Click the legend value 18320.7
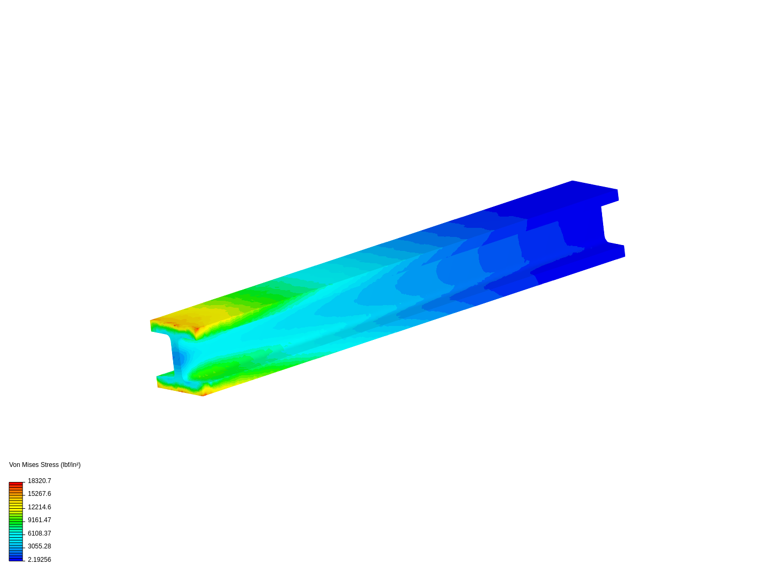click(39, 481)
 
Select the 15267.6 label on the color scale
click(39, 494)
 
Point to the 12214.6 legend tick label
click(39, 507)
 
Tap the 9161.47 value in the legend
click(39, 520)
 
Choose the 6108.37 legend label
click(39, 533)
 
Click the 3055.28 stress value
click(39, 546)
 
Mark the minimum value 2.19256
click(39, 560)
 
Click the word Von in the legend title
click(14, 465)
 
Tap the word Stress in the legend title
click(49, 465)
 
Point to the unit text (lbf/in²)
click(71, 465)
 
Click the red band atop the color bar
click(16, 484)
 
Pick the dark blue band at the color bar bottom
click(16, 559)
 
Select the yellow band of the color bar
click(16, 507)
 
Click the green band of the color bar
click(16, 520)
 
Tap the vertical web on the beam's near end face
click(177, 357)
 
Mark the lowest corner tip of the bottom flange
click(202, 396)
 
